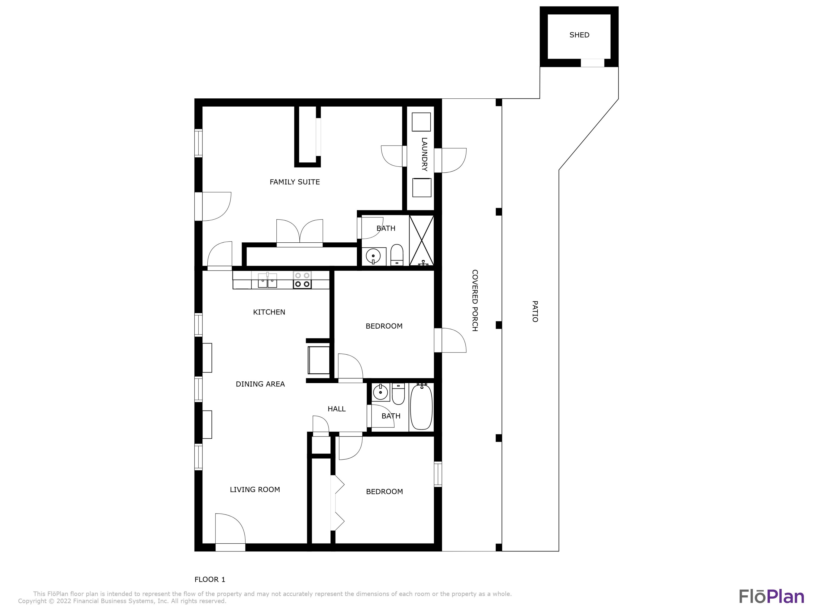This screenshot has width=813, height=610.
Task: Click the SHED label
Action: pos(579,35)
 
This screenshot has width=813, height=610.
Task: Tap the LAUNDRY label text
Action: pos(424,155)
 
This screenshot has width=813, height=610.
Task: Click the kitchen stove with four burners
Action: pos(302,280)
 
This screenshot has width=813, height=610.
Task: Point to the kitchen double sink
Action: pos(267,281)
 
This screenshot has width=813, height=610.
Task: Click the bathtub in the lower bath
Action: pos(421,407)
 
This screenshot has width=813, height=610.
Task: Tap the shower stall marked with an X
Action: pos(422,240)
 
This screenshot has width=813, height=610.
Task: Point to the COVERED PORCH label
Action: pos(475,300)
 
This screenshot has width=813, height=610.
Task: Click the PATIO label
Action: pos(535,312)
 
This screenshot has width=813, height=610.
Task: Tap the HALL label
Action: pos(336,409)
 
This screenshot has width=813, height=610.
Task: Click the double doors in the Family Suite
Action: pos(299,232)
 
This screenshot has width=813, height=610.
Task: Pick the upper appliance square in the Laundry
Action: pos(421,122)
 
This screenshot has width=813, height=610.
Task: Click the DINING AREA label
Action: pos(260,384)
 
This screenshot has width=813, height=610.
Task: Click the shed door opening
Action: pos(592,63)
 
